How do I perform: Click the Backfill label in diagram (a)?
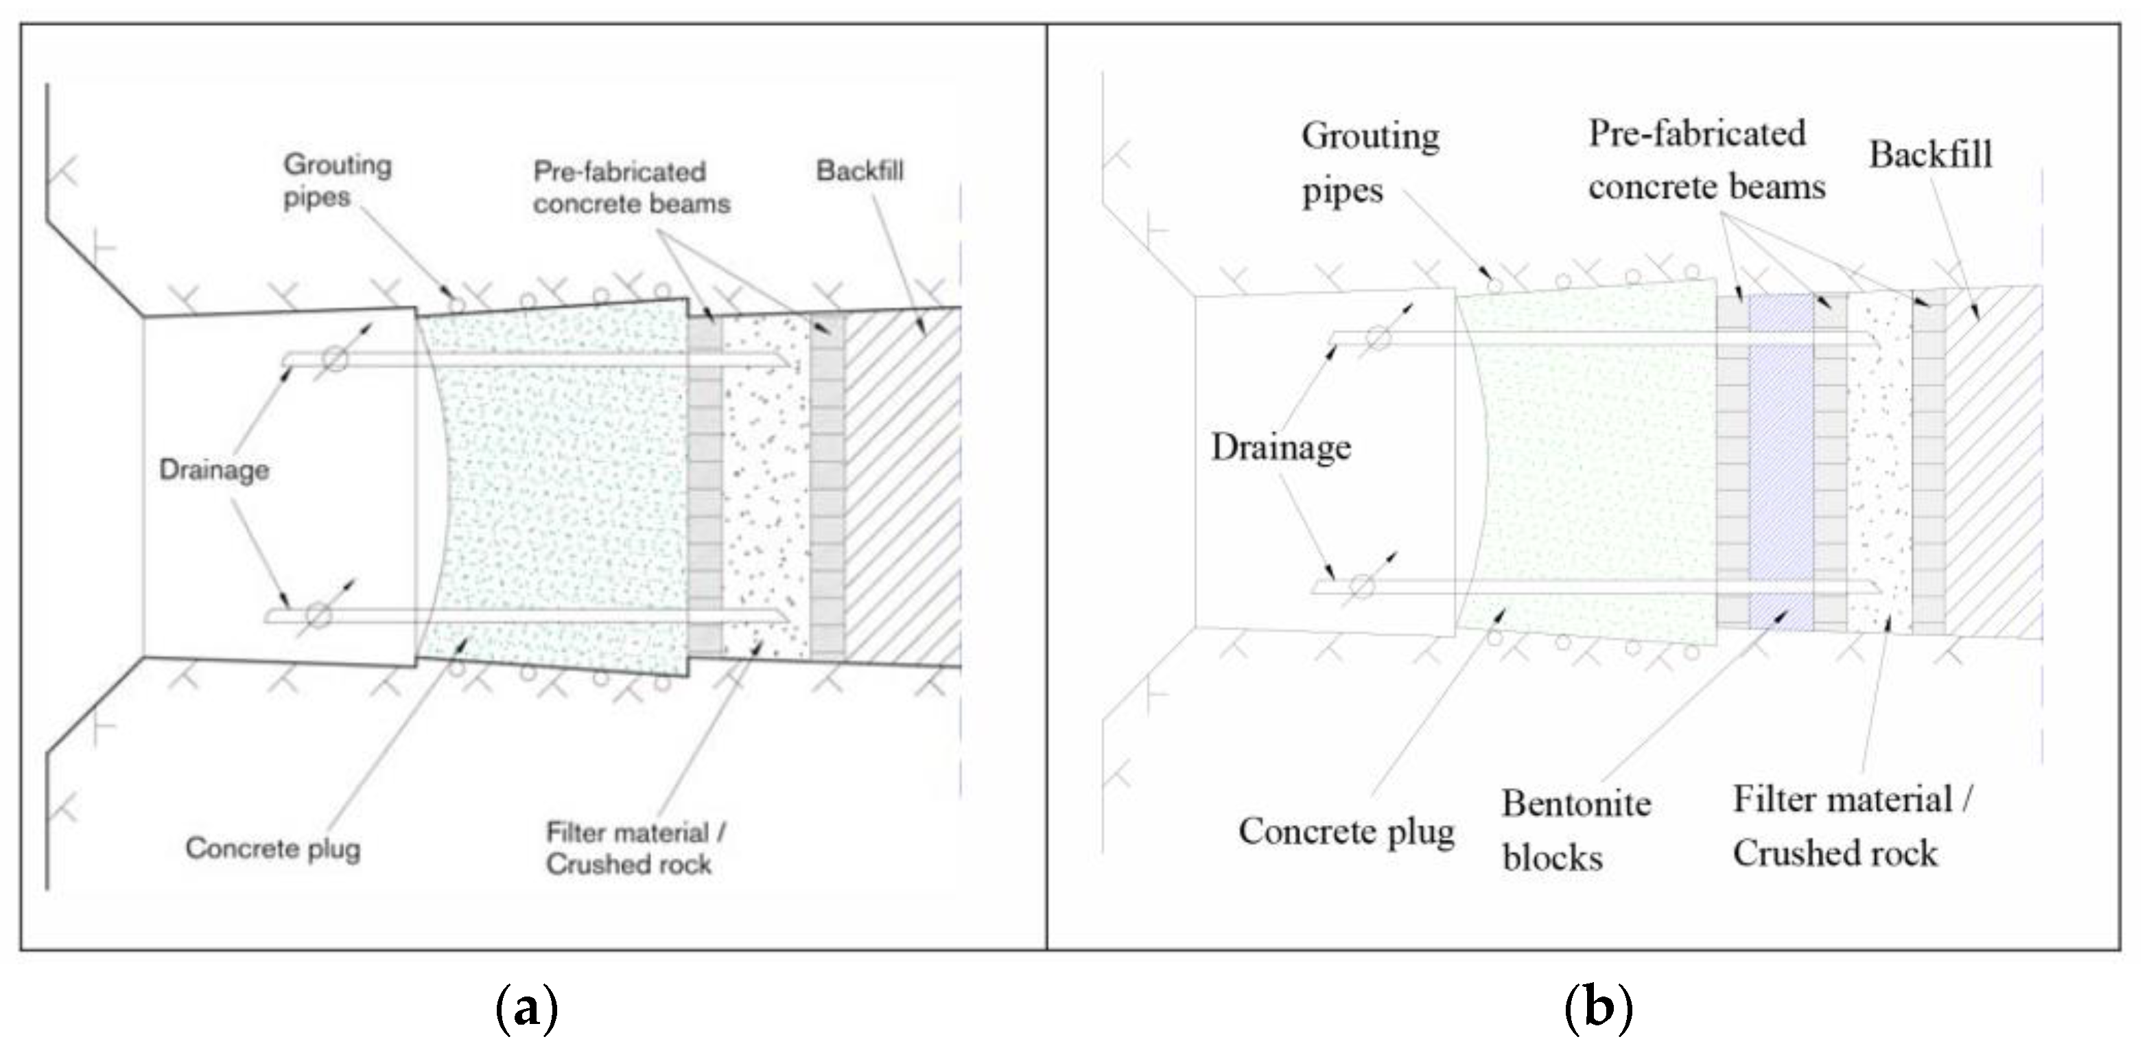click(859, 171)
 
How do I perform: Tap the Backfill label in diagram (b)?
click(1929, 154)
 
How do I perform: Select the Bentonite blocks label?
click(1576, 830)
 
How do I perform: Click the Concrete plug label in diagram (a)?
click(273, 848)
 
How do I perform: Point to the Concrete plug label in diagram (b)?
click(1346, 831)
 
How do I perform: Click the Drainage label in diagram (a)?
click(214, 469)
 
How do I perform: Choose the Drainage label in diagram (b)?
click(1280, 447)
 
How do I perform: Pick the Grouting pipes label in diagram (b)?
click(1370, 163)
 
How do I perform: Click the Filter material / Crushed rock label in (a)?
click(635, 848)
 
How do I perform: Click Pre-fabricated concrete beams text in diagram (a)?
click(631, 188)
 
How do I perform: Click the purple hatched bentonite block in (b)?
click(1781, 459)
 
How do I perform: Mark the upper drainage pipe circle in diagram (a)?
click(335, 359)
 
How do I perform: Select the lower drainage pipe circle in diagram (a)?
click(318, 616)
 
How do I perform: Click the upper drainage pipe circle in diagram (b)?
click(1377, 338)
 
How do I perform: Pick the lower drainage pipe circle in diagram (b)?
click(1361, 587)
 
